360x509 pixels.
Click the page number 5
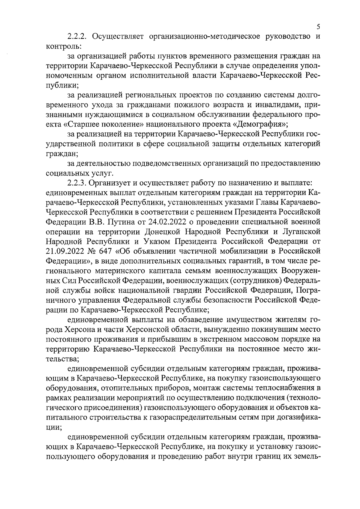[x=318, y=27]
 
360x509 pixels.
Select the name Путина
[x=119, y=222]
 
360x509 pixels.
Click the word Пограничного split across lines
[x=308, y=290]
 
